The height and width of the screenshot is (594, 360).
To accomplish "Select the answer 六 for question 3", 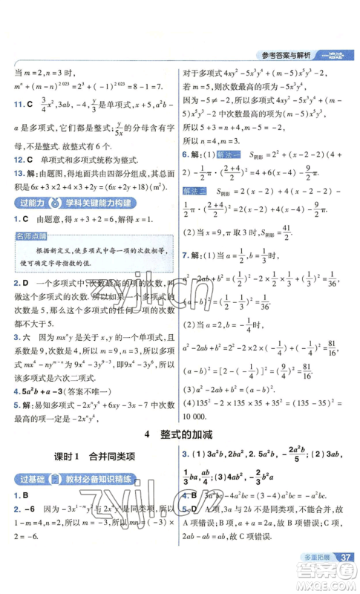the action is click(x=26, y=336).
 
